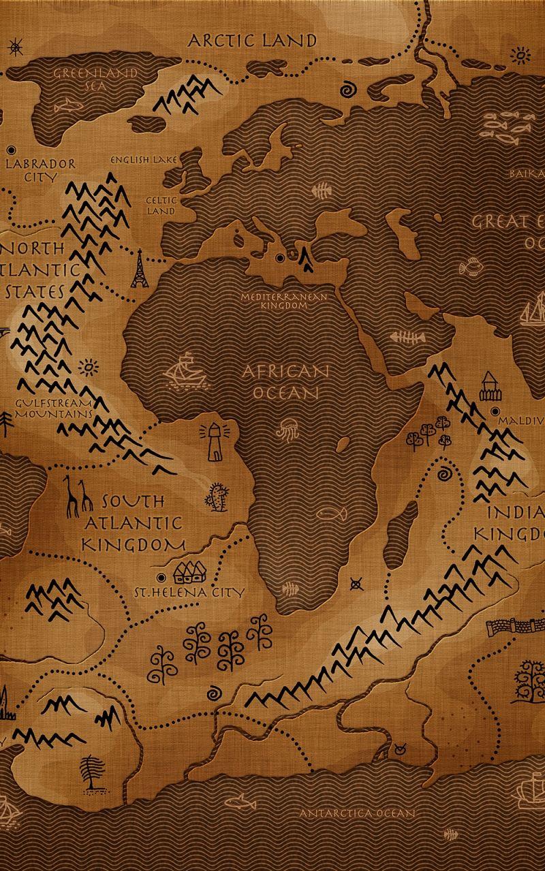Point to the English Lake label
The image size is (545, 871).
pyautogui.click(x=144, y=160)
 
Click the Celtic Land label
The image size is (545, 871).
pyautogui.click(x=161, y=206)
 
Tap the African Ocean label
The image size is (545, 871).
pyautogui.click(x=286, y=382)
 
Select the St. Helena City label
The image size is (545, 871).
pyautogui.click(x=188, y=592)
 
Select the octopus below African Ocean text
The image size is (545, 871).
pyautogui.click(x=286, y=432)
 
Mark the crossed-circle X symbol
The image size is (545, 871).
pyautogui.click(x=356, y=583)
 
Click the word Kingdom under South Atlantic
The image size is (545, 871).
pyautogui.click(x=134, y=544)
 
